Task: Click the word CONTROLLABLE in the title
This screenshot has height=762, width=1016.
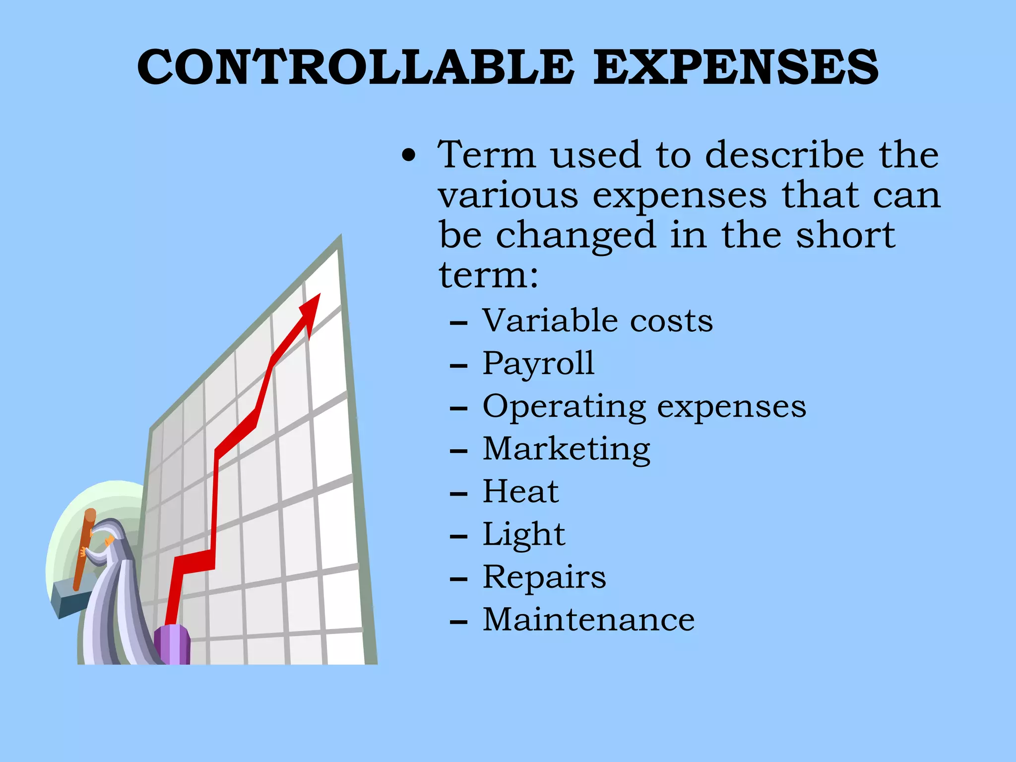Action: pos(356,67)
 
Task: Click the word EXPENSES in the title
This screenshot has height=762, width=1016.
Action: pos(736,67)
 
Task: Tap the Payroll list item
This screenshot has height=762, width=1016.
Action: pos(538,364)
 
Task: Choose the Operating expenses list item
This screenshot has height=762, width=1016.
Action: pos(644,407)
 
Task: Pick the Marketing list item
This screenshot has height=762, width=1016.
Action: pos(566,449)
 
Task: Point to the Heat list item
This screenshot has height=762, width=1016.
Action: pos(520,492)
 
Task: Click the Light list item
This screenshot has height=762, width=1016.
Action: pos(523,535)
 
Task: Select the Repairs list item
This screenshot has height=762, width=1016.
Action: pos(544,577)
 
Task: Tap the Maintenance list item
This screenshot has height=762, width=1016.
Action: pos(588,620)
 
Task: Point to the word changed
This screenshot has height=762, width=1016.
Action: pos(575,236)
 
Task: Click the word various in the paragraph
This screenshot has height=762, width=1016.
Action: pos(508,195)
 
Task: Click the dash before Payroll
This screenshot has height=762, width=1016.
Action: pos(458,366)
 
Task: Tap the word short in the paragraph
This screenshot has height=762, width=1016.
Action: pos(845,236)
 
